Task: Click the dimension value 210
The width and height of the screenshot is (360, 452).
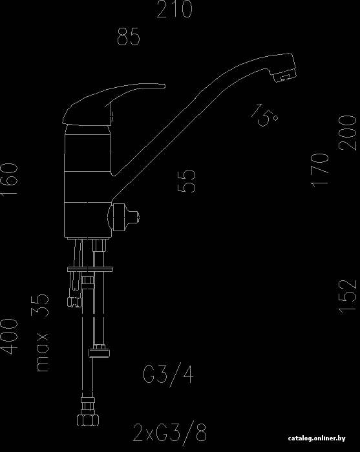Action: click(175, 9)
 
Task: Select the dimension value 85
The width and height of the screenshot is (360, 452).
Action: click(129, 37)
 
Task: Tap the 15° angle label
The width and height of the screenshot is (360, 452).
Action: click(264, 116)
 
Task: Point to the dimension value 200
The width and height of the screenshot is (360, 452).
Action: click(348, 133)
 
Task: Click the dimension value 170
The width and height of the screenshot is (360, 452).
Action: click(320, 170)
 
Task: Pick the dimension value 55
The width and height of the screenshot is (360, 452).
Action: click(186, 181)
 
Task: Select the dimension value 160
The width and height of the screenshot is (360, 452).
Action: click(9, 180)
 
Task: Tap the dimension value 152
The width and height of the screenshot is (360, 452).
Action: click(348, 296)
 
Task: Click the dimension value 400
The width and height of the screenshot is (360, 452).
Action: click(9, 336)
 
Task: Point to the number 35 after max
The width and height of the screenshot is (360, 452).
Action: click(40, 305)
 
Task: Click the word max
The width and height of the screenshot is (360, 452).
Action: click(42, 353)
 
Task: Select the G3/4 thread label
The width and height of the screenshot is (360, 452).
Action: click(168, 374)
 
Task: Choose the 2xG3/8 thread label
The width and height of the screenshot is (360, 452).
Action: click(170, 433)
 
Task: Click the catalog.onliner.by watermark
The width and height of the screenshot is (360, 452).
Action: click(317, 438)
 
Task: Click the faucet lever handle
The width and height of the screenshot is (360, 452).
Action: click(113, 105)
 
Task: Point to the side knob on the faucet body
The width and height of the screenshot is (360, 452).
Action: click(123, 217)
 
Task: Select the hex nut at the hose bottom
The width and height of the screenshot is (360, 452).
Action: click(88, 420)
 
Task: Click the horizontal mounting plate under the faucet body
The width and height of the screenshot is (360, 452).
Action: click(90, 269)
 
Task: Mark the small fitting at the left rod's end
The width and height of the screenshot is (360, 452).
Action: click(74, 302)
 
